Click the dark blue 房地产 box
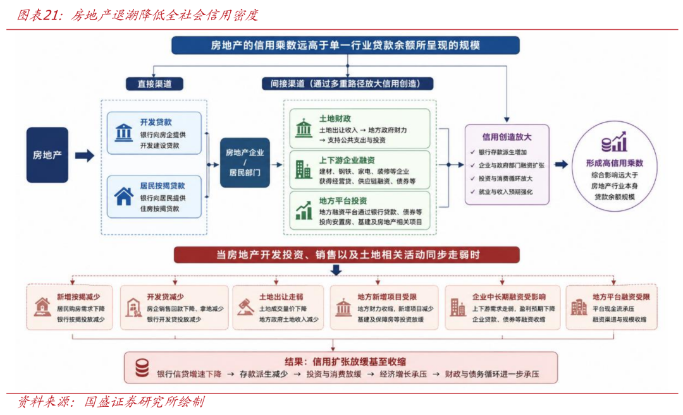[x=47, y=155]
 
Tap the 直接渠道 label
[x=155, y=84]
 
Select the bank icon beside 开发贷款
[x=124, y=133]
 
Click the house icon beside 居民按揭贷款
[x=124, y=196]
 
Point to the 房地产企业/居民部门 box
[x=245, y=163]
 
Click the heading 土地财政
[x=335, y=119]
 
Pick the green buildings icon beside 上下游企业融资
[x=304, y=170]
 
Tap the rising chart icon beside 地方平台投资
[x=304, y=210]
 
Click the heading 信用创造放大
[x=507, y=137]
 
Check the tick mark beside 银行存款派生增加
[x=472, y=152]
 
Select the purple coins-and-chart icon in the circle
[x=613, y=142]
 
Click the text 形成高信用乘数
[x=614, y=163]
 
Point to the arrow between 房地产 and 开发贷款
[x=85, y=155]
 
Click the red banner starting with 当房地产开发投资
[x=347, y=255]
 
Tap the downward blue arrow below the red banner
[x=335, y=270]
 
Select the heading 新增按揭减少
[x=78, y=297]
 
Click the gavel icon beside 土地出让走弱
[x=246, y=307]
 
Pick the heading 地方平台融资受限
[x=621, y=297]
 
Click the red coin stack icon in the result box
[x=142, y=368]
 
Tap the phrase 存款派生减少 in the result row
[x=264, y=374]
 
